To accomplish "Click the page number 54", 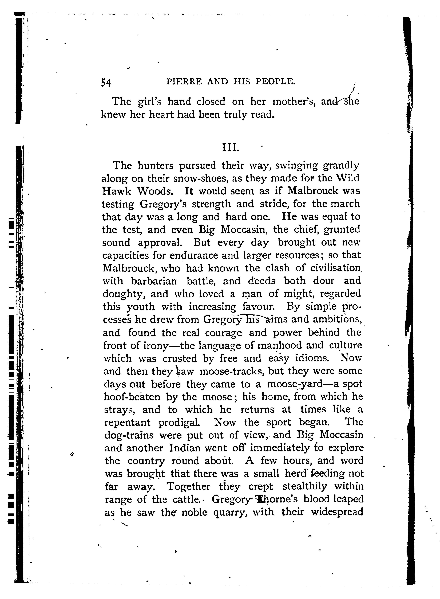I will pyautogui.click(x=106, y=82).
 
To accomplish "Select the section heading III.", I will pyautogui.click(x=231, y=147).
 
